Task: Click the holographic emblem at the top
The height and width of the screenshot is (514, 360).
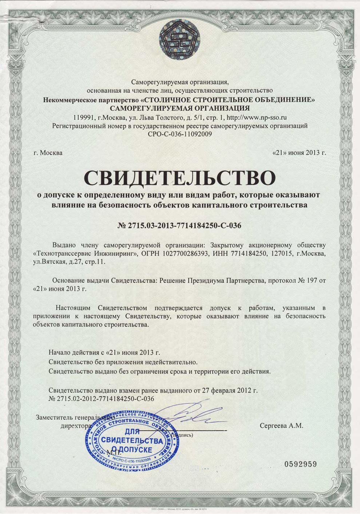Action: pos(180,39)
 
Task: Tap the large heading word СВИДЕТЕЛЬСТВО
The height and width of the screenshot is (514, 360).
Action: pos(180,177)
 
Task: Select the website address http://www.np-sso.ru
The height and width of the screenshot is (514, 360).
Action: pos(257,117)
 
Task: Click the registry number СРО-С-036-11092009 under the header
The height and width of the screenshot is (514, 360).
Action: pos(180,134)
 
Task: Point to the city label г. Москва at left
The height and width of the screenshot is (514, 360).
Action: pos(48,153)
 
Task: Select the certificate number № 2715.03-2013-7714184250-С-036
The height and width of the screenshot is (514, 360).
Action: pos(180,226)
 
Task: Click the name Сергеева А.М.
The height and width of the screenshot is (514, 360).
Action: pos(281,426)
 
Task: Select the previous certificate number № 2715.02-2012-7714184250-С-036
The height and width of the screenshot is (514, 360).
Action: pos(101,399)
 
